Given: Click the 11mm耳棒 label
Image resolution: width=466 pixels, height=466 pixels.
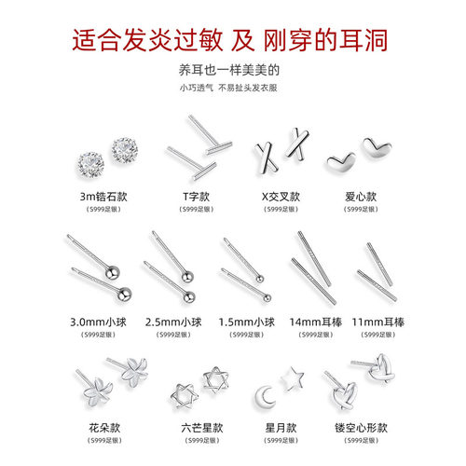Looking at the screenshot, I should tap(379, 322).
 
